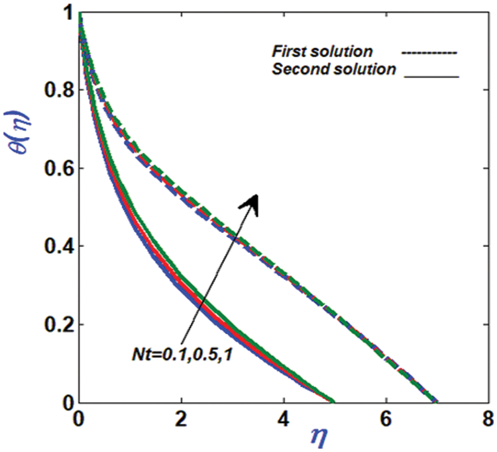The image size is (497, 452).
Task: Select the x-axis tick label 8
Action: (x=487, y=418)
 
